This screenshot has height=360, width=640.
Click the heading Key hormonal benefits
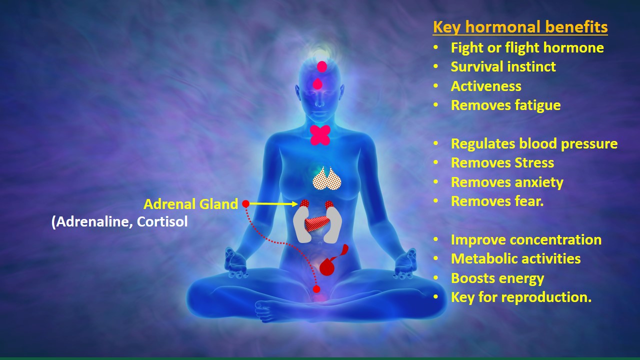pos(520,27)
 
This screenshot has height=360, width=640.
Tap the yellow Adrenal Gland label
pos(190,204)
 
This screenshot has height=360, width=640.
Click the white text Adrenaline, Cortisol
pos(119,221)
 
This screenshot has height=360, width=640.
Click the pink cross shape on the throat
pos(320,135)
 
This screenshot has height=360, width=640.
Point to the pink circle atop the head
pos(321,66)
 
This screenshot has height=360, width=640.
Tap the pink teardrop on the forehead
pos(317,84)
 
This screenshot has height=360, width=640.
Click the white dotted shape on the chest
pos(327,178)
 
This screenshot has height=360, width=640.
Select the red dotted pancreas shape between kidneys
pos(317,223)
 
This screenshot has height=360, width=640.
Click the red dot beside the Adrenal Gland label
pos(245,203)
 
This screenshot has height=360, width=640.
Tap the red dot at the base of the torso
pos(316,289)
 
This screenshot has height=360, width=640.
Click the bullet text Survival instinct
pos(503,67)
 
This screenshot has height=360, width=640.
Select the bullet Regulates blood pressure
pos(534,143)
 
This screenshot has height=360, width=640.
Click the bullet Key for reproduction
pos(521,297)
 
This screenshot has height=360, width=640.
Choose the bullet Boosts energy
pos(497,278)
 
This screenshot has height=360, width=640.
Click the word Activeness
pos(486,86)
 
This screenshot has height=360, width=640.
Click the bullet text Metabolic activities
pos(515,259)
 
